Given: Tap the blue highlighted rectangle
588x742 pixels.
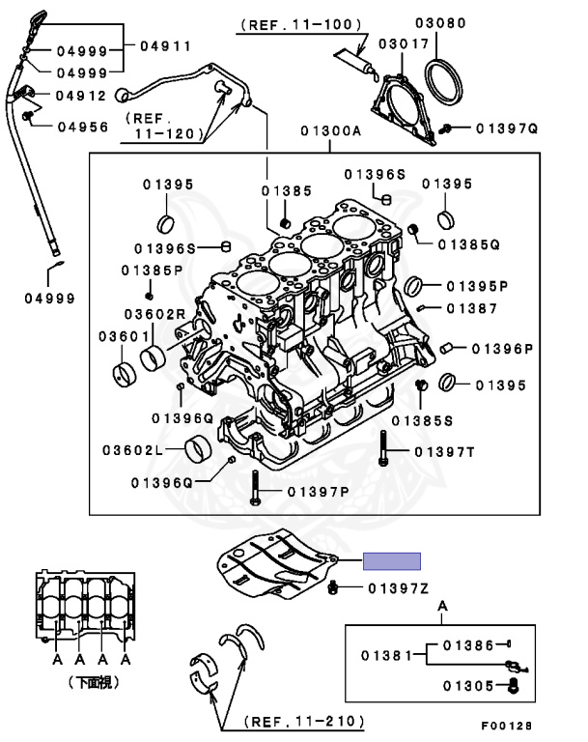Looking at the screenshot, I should tap(392, 560).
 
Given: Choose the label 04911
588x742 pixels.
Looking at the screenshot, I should tap(165, 45).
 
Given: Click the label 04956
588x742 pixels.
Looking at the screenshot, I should tap(81, 126).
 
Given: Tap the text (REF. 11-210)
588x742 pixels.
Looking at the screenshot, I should tap(303, 720).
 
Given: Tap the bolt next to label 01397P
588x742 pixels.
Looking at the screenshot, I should tap(254, 487).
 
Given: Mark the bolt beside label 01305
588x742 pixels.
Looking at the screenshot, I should tap(514, 686).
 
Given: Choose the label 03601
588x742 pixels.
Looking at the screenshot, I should tap(121, 335).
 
